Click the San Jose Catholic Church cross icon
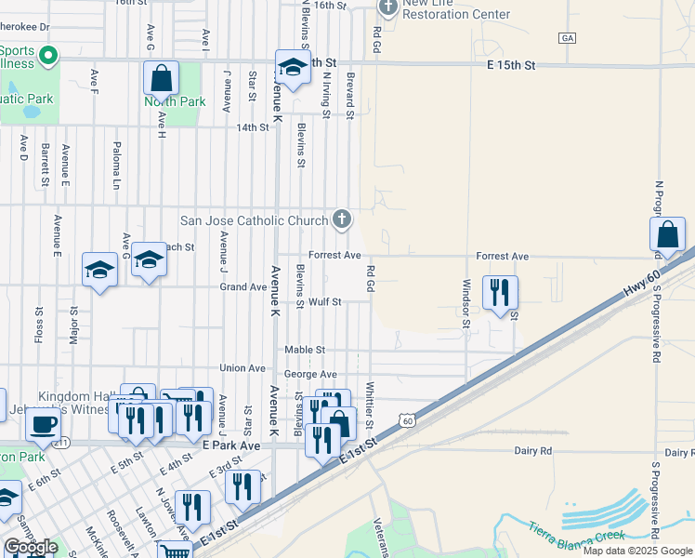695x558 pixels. [342, 220]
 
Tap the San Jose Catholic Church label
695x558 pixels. [254, 220]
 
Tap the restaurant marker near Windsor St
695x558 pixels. [500, 293]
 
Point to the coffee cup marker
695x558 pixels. [43, 424]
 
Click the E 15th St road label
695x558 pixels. [512, 65]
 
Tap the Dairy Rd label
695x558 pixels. [533, 450]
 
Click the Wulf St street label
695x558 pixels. [325, 301]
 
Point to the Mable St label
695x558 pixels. [305, 350]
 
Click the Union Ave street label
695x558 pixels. [243, 368]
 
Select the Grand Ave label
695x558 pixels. [243, 287]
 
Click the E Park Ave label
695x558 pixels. [231, 445]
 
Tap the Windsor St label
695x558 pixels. [467, 303]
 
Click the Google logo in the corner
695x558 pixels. [31, 547]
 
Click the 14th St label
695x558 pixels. [251, 127]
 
